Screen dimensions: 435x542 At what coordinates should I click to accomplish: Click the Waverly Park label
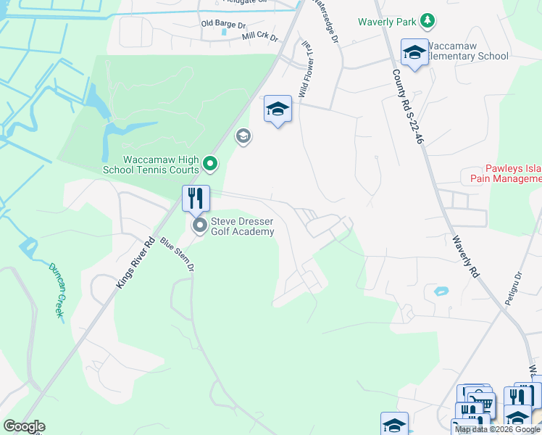pos(387,22)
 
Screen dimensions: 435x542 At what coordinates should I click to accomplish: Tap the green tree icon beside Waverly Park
pos(428,20)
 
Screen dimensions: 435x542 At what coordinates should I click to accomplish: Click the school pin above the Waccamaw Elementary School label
pos(415,52)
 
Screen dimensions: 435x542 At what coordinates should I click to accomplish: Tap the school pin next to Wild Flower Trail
pos(278,109)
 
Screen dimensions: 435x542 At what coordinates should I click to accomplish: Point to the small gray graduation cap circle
pos(243,136)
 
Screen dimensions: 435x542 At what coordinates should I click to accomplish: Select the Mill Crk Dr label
pos(260,36)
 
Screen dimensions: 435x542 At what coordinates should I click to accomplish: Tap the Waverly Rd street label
pos(465,257)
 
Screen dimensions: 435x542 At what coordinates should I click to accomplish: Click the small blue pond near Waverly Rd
pos(441,291)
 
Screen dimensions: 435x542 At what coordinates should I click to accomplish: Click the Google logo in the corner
pos(24,426)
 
